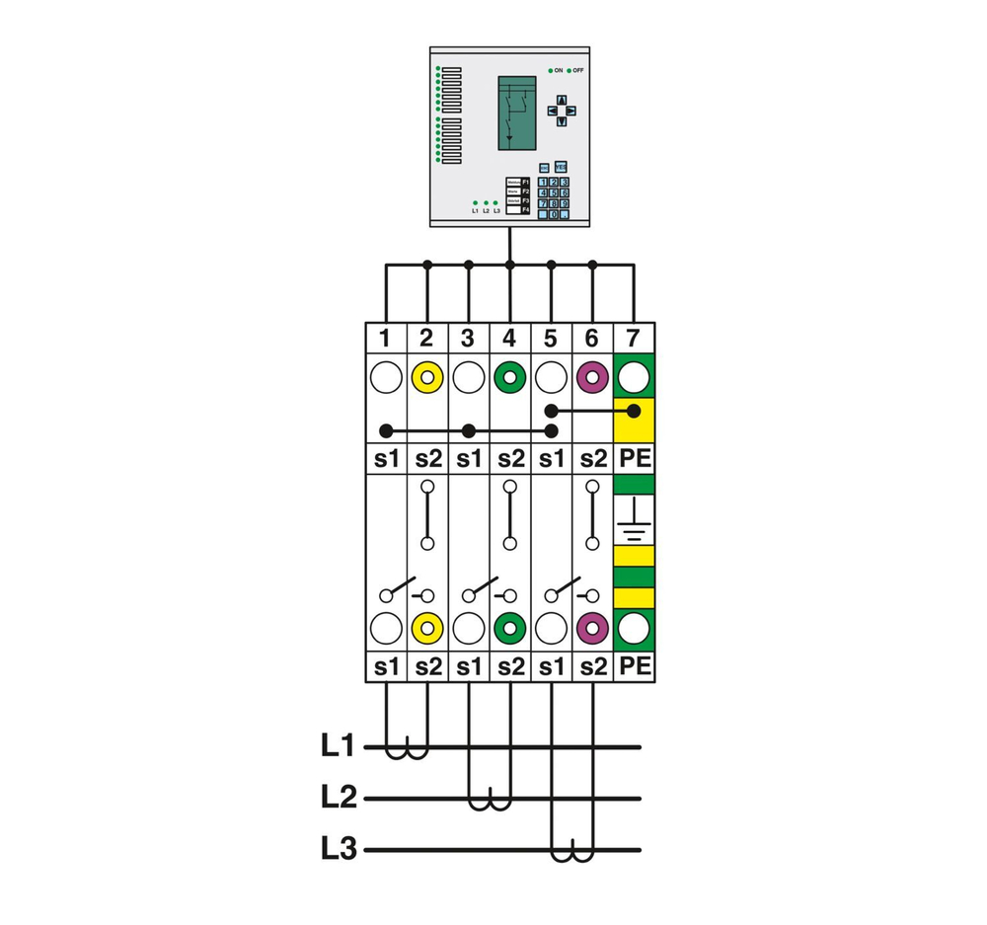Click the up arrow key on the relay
pyautogui.click(x=562, y=100)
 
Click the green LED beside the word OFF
pyautogui.click(x=569, y=71)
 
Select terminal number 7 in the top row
pyautogui.click(x=633, y=339)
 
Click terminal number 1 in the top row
pyautogui.click(x=386, y=339)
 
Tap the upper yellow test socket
pyautogui.click(x=427, y=377)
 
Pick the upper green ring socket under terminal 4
pyautogui.click(x=509, y=377)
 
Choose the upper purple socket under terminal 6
pyautogui.click(x=591, y=377)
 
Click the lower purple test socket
pyautogui.click(x=591, y=628)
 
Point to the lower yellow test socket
pyautogui.click(x=427, y=628)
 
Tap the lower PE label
pyautogui.click(x=634, y=666)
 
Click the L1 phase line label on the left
pyautogui.click(x=338, y=746)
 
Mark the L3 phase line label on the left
pyautogui.click(x=338, y=848)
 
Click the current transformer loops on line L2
pyautogui.click(x=490, y=802)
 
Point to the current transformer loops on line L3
pyautogui.click(x=571, y=853)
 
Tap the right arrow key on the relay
pyautogui.click(x=573, y=111)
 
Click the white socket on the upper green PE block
pyautogui.click(x=634, y=376)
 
